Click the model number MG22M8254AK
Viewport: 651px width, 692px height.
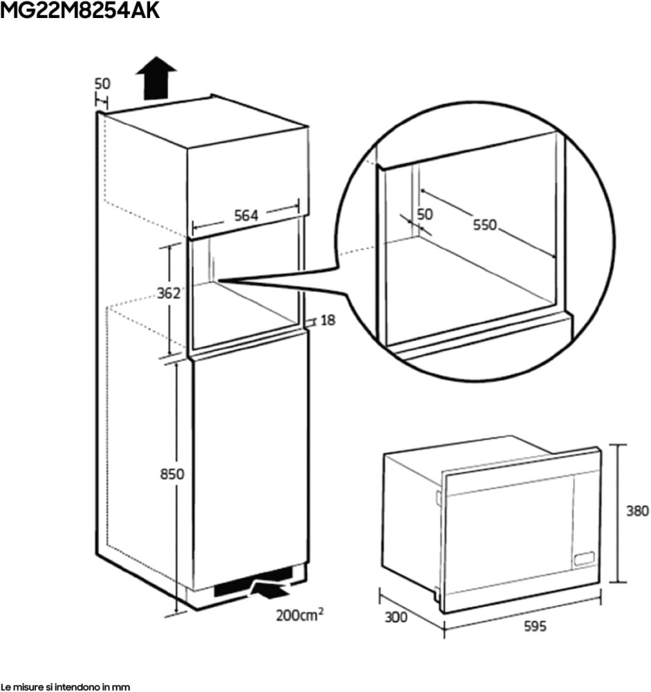tap(80, 10)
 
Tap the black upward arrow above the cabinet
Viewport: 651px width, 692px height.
tap(156, 78)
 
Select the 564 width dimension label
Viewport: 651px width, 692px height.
tap(246, 215)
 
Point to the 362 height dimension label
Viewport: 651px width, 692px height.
tap(169, 293)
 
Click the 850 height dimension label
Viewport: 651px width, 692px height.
tap(172, 474)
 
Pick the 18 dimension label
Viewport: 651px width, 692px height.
tap(328, 320)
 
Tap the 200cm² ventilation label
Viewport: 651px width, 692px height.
tap(300, 614)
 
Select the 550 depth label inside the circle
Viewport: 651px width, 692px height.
tap(484, 225)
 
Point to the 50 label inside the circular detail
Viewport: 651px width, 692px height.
tap(425, 214)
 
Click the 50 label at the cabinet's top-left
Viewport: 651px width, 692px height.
tap(102, 84)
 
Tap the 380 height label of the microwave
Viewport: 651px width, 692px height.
tap(638, 511)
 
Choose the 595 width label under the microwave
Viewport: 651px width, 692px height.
tap(535, 626)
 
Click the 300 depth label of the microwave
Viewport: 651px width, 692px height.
tap(396, 617)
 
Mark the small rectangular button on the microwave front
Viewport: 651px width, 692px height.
tap(584, 558)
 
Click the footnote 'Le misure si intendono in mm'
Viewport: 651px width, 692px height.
tap(65, 686)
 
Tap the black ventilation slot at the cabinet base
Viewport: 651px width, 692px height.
tap(254, 582)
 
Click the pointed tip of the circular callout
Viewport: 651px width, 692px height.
tap(218, 280)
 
